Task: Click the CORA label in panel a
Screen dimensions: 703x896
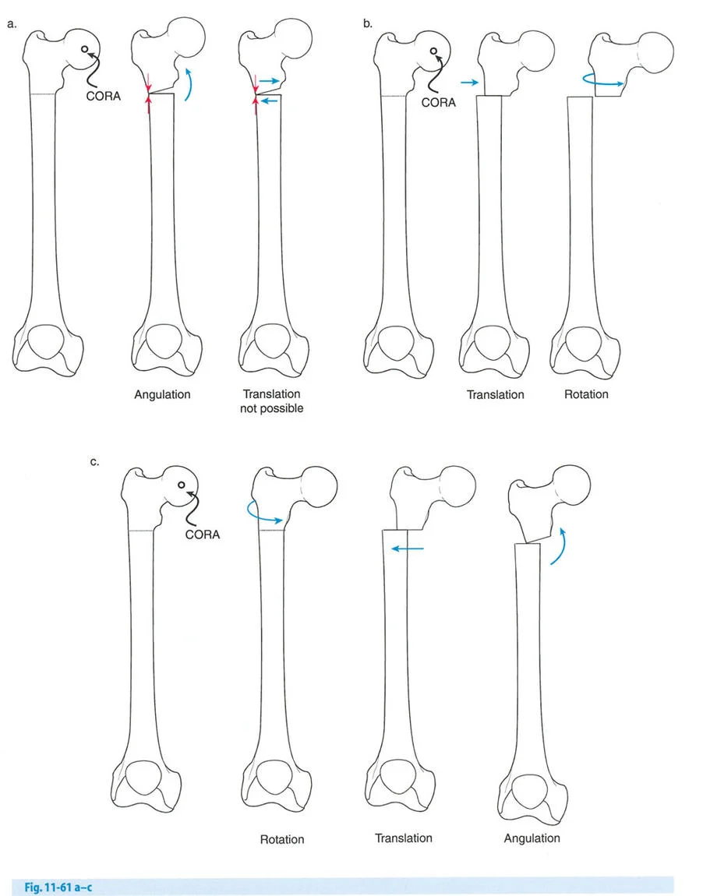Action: pyautogui.click(x=104, y=96)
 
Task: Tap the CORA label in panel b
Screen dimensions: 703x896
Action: pyautogui.click(x=438, y=102)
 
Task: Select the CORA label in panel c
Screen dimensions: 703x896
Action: pyautogui.click(x=203, y=534)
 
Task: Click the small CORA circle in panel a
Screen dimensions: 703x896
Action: pyautogui.click(x=85, y=50)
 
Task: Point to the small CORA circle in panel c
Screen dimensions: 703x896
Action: pyautogui.click(x=181, y=485)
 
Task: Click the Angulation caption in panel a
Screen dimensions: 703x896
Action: pyautogui.click(x=162, y=395)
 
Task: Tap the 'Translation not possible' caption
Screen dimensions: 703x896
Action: pyautogui.click(x=271, y=401)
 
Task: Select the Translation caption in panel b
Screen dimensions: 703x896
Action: pyautogui.click(x=496, y=395)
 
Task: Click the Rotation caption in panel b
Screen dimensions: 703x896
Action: pyautogui.click(x=586, y=394)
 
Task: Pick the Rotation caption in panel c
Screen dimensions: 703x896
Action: pyautogui.click(x=282, y=839)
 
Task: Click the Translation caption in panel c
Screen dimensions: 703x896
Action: pyautogui.click(x=404, y=838)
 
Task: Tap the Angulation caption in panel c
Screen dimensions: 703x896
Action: pyautogui.click(x=532, y=838)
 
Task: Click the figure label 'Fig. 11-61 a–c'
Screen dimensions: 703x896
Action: pyautogui.click(x=58, y=887)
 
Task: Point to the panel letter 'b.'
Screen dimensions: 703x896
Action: pyautogui.click(x=368, y=23)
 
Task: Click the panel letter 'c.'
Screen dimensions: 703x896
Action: pyautogui.click(x=95, y=462)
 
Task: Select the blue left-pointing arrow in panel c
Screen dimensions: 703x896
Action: pyautogui.click(x=408, y=549)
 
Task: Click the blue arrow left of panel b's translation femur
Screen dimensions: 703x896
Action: pyautogui.click(x=469, y=83)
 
